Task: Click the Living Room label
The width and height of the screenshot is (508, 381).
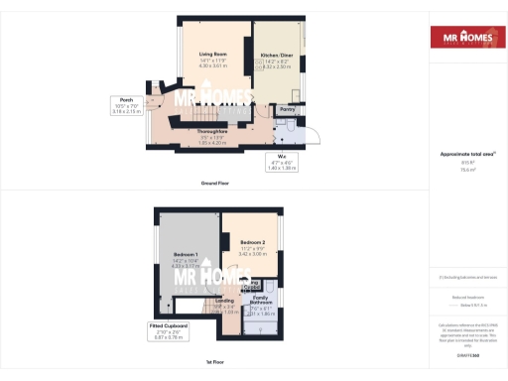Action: tap(214, 55)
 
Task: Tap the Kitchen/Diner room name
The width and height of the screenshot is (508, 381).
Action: tap(276, 55)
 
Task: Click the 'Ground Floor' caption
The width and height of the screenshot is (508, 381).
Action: tap(215, 183)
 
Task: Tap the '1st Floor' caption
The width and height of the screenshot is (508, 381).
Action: tap(215, 364)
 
